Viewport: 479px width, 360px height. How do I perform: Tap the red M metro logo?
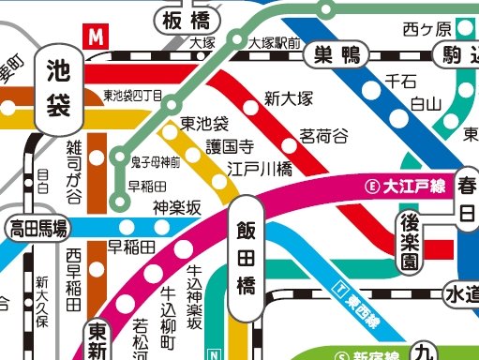[x=96, y=37]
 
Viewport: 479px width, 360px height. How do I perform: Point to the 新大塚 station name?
[x=288, y=97]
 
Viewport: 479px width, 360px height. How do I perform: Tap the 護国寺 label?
[x=230, y=146]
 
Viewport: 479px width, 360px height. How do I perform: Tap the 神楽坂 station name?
[x=177, y=208]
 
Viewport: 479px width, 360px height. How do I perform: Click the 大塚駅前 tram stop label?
[x=275, y=43]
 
